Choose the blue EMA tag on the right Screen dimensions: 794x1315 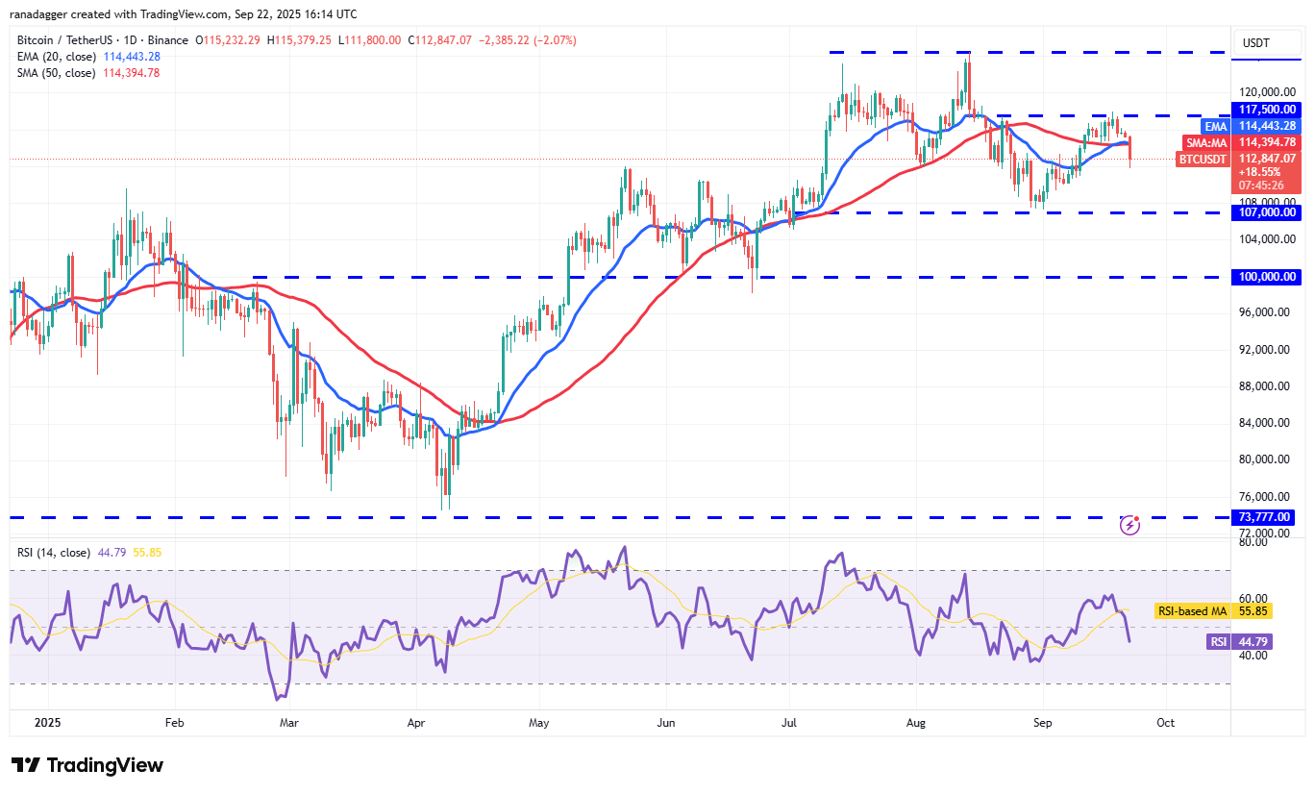coord(1215,126)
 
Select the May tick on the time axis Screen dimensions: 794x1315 coord(538,721)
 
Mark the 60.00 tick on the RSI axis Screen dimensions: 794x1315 coord(1252,598)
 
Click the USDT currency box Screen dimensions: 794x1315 coord(1256,42)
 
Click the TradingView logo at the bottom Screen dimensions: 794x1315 coord(87,765)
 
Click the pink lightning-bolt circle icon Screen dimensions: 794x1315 coord(1130,525)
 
